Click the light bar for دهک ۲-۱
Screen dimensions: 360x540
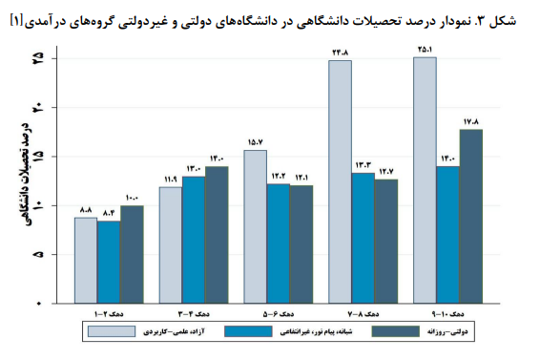coord(86,260)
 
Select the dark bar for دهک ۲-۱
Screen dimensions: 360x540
coord(132,254)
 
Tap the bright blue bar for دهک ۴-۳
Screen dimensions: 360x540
coord(193,240)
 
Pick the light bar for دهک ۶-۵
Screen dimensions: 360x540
coord(255,226)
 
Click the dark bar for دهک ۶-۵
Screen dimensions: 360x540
coord(301,244)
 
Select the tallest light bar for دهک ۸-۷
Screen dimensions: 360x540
coord(340,181)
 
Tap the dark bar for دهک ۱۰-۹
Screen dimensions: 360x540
coord(470,216)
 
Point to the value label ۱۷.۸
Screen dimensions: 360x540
coord(470,122)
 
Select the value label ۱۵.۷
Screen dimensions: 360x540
coord(255,143)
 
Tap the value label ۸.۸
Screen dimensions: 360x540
coord(86,210)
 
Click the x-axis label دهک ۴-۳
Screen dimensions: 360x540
coord(193,312)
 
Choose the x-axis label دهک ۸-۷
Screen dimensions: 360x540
coord(363,312)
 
